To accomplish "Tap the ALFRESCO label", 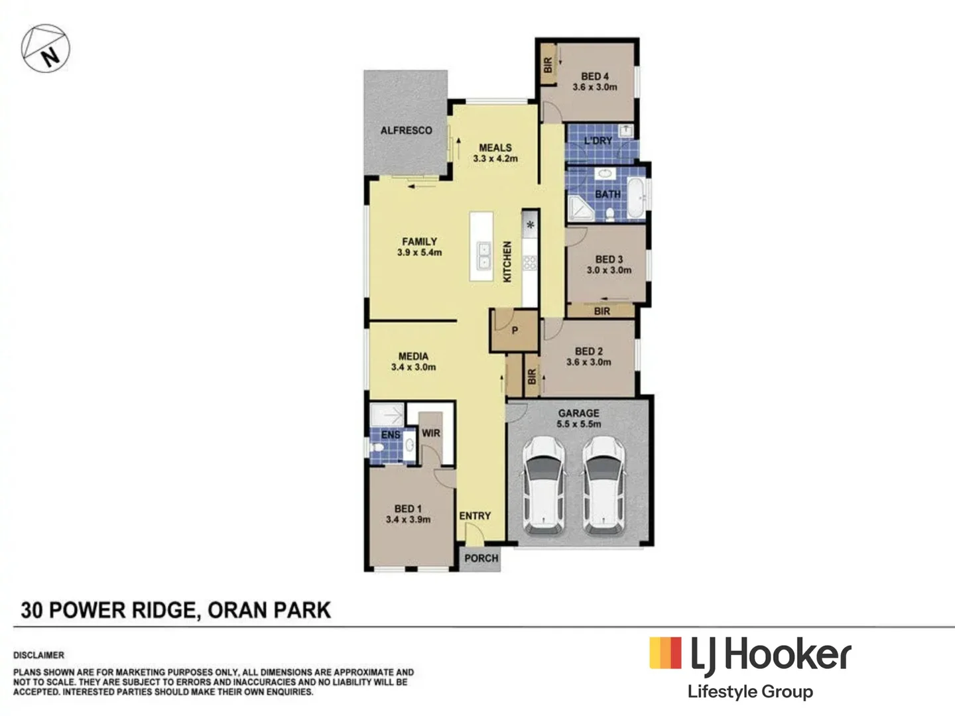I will pos(406,131).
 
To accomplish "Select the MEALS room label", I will pos(495,148).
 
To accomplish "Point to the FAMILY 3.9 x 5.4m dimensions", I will pos(419,253).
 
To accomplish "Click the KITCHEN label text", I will pos(507,262).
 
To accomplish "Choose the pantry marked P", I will pos(514,330).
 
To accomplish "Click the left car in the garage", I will pos(544,485).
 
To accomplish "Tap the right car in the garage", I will pos(604,485).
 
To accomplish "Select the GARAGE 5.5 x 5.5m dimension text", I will pos(579,424).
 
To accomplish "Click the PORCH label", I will pos(481,558).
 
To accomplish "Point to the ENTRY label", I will pos(475,516).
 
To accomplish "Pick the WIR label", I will pos(431,433).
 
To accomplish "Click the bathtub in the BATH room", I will pos(636,197).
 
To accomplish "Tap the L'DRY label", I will pos(598,141).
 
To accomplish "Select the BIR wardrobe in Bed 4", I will pos(548,64).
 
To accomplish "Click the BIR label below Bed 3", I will pos(602,311).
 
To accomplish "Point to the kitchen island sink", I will pos(484,256).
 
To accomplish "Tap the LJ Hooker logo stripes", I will pos(665,653).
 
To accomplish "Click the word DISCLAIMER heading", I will pos(39,655).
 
